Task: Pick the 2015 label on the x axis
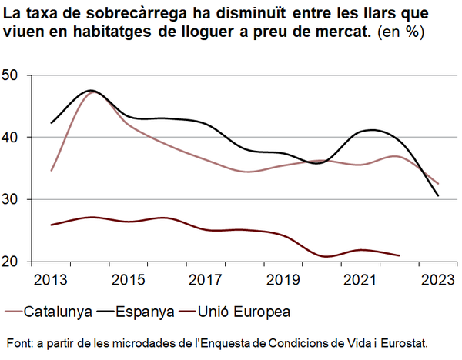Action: click(x=129, y=278)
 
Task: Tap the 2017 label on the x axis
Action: click(x=206, y=278)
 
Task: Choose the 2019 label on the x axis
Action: click(x=283, y=278)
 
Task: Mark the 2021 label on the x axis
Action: click(x=361, y=278)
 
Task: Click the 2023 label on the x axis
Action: click(x=438, y=278)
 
